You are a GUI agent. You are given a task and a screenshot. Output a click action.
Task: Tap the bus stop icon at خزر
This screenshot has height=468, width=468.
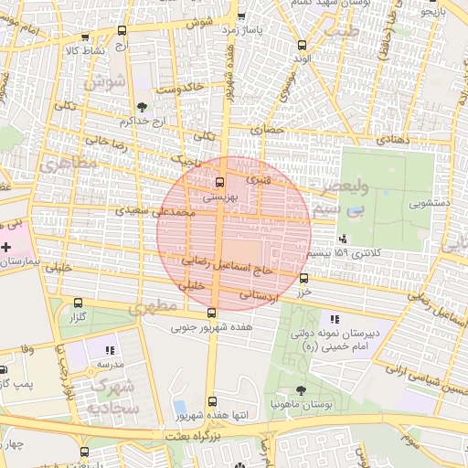click(x=303, y=279)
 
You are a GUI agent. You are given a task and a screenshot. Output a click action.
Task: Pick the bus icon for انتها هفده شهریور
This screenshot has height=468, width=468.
click(x=212, y=400)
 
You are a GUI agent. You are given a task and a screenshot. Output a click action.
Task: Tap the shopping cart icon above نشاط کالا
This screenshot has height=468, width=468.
click(x=86, y=37)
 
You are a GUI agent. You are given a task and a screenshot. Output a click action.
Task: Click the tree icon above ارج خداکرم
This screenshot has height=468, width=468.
click(x=140, y=107)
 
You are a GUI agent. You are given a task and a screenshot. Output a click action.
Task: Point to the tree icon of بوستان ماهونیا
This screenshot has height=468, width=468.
click(x=301, y=390)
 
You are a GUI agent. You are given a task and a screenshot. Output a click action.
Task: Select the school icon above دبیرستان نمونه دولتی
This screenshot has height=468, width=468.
click(x=334, y=319)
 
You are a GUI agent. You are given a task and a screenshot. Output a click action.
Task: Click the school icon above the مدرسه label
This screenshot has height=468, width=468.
click(x=111, y=349)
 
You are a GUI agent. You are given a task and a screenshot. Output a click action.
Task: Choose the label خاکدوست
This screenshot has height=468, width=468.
click(x=180, y=90)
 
